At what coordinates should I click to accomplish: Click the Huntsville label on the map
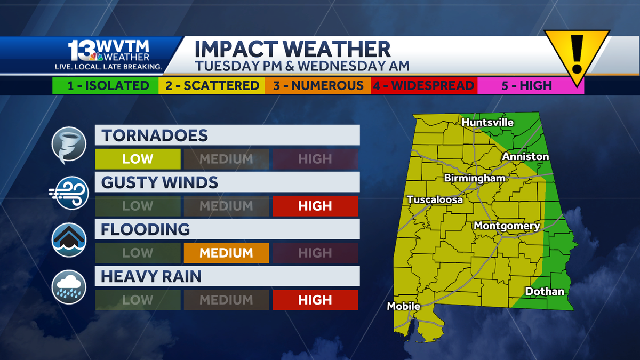pyautogui.click(x=487, y=123)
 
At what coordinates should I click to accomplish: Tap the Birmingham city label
pyautogui.click(x=475, y=178)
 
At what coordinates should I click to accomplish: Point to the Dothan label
pyautogui.click(x=545, y=291)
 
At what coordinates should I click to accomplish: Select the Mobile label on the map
pyautogui.click(x=404, y=306)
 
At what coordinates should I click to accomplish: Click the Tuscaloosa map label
pyautogui.click(x=435, y=199)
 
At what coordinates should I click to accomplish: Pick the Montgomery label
pyautogui.click(x=507, y=226)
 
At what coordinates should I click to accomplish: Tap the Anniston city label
pyautogui.click(x=525, y=156)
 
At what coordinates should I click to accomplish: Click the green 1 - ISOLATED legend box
pyautogui.click(x=105, y=85)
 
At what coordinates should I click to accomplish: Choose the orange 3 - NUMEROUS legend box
pyautogui.click(x=318, y=85)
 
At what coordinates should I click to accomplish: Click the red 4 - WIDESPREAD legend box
pyautogui.click(x=424, y=85)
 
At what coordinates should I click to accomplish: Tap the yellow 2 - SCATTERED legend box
pyautogui.click(x=212, y=85)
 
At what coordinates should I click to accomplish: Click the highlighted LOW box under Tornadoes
pyautogui.click(x=138, y=159)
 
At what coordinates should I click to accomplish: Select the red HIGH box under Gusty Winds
pyautogui.click(x=315, y=206)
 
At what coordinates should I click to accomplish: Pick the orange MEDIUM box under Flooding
pyautogui.click(x=226, y=253)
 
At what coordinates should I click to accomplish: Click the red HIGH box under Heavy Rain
pyautogui.click(x=315, y=300)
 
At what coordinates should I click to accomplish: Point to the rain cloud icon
pyautogui.click(x=69, y=287)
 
